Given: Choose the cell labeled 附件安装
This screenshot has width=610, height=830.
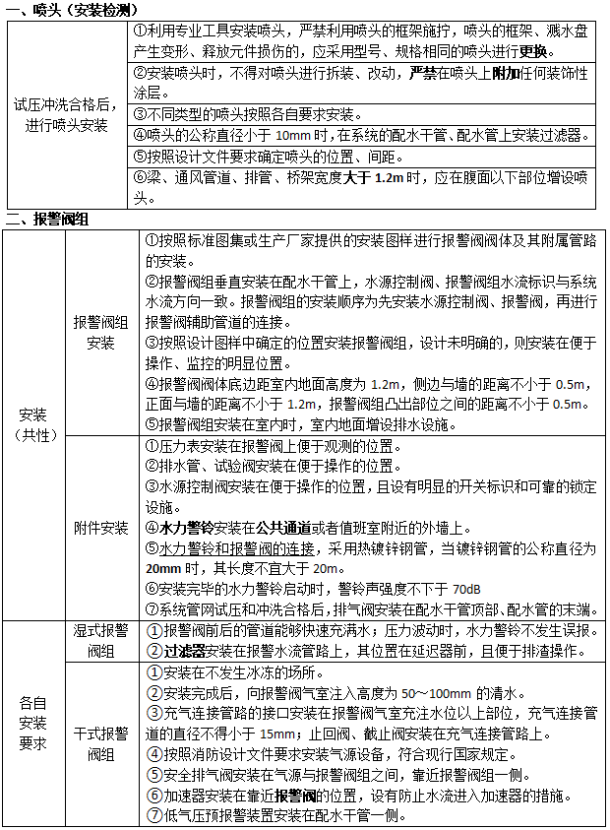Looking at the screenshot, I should pyautogui.click(x=100, y=528).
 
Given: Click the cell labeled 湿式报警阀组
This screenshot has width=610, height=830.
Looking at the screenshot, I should pyautogui.click(x=100, y=641).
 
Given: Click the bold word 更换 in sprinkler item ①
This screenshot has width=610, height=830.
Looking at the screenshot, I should pyautogui.click(x=535, y=51).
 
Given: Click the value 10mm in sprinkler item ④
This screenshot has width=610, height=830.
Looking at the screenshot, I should pyautogui.click(x=294, y=135).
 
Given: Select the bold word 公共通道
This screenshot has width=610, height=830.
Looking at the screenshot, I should pyautogui.click(x=288, y=528).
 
